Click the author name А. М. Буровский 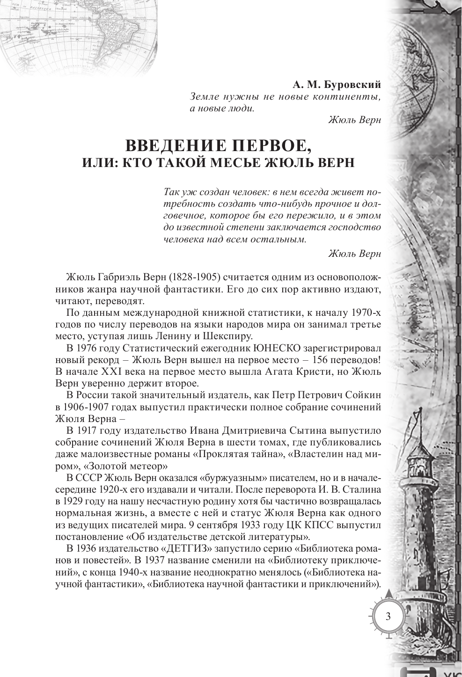pos(337,85)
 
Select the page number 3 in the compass pos(388,615)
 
